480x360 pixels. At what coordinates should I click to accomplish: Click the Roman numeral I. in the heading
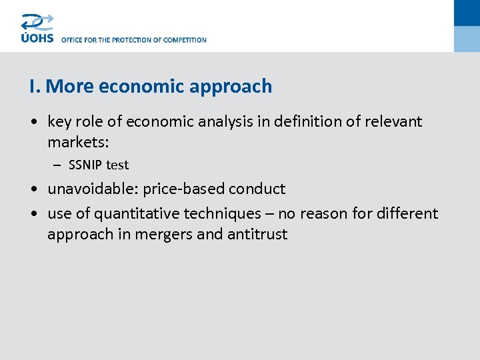pyautogui.click(x=35, y=87)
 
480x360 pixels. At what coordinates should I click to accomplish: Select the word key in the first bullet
pyautogui.click(x=59, y=122)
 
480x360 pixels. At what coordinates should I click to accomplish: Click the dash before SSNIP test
pyautogui.click(x=57, y=165)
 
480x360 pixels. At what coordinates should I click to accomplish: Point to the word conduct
pyautogui.click(x=257, y=189)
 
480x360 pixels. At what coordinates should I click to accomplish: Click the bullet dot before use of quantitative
pyautogui.click(x=35, y=214)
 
